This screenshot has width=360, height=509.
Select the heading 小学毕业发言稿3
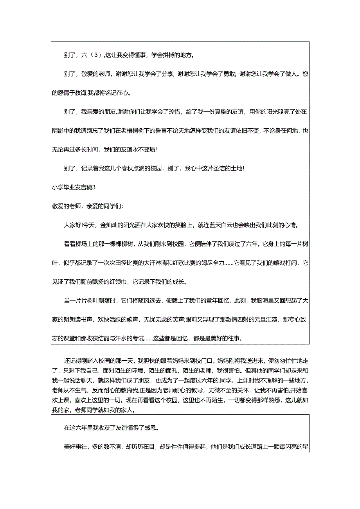[74, 187]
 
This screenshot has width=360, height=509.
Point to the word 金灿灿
[108, 225]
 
